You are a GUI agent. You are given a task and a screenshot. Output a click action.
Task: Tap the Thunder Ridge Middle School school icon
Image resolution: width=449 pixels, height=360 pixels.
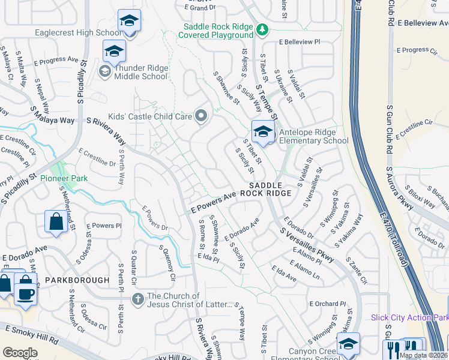(114, 52)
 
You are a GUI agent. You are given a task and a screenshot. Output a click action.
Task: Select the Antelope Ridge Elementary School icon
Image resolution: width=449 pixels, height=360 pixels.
(263, 131)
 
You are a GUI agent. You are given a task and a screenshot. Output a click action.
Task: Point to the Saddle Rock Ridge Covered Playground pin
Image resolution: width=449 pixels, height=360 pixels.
(261, 29)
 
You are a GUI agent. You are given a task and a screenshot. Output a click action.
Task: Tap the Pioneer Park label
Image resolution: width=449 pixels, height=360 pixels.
(64, 178)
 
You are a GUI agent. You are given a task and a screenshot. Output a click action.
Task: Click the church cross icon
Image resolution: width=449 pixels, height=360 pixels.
(137, 298)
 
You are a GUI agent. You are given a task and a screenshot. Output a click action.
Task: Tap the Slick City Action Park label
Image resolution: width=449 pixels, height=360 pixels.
(409, 317)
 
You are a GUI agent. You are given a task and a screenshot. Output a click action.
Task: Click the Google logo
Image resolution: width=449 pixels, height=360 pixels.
(20, 353)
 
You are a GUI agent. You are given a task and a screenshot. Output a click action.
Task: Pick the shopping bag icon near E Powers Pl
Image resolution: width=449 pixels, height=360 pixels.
(56, 221)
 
